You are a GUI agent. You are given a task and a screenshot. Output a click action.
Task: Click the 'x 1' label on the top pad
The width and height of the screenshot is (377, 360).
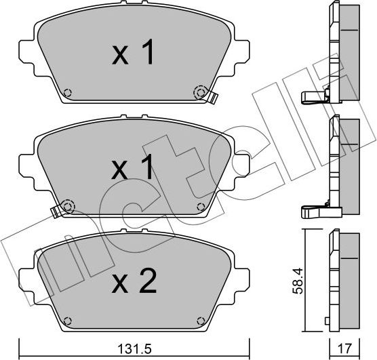click(x=133, y=54)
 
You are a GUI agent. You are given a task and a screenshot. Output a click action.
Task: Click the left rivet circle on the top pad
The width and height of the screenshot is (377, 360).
click(x=66, y=94)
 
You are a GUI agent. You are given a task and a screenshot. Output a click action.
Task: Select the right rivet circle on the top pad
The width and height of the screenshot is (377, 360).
click(x=199, y=92)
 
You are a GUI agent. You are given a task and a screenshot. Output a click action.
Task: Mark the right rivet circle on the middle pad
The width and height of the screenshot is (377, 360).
click(x=199, y=206)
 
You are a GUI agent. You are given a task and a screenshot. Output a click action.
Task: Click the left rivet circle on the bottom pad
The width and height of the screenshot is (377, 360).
click(x=66, y=320)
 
